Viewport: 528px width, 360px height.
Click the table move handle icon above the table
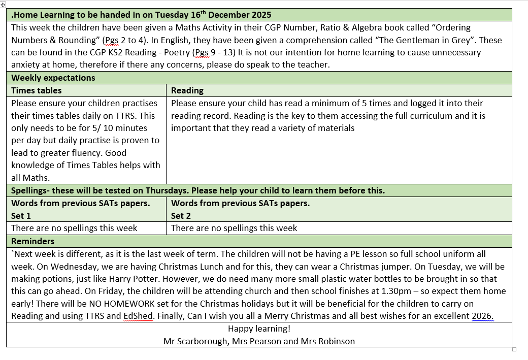pos(3,4)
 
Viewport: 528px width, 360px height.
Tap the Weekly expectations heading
pos(53,78)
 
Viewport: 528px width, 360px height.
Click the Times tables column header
pos(37,90)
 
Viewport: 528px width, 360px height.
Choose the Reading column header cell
pos(187,90)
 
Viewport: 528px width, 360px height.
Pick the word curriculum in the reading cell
pos(430,116)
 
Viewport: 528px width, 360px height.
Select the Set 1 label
pos(21,216)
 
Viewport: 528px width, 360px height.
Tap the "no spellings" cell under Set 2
pos(234,228)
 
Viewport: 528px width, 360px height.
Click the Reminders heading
pos(33,241)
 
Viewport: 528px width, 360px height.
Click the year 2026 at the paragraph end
pos(482,316)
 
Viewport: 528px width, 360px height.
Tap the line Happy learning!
pos(259,329)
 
